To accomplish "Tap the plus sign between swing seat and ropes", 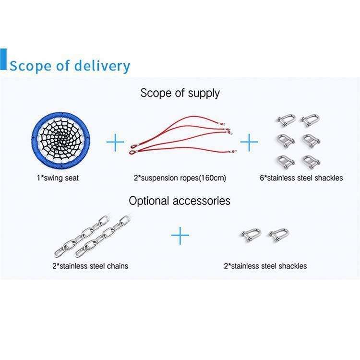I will click(x=115, y=143).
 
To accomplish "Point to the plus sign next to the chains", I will click(x=180, y=235).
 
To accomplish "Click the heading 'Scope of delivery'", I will click(x=70, y=65).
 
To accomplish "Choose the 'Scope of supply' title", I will click(x=180, y=93).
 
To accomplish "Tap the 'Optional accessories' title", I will click(x=180, y=200).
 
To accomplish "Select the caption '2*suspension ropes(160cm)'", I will click(x=180, y=178).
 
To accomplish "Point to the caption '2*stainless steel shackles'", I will click(x=265, y=265).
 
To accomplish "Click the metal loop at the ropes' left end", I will click(x=135, y=152).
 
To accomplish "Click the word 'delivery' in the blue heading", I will click(x=102, y=65).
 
